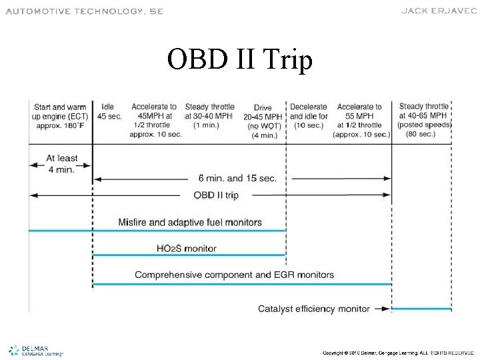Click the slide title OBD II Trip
[239, 60]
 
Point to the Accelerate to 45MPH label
[154, 121]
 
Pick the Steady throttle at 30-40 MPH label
[209, 116]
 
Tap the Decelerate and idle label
[309, 116]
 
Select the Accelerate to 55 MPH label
[359, 121]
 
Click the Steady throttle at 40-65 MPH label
[425, 120]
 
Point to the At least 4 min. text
[61, 163]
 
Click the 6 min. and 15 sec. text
[237, 179]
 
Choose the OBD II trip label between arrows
[215, 195]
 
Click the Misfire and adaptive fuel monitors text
[189, 222]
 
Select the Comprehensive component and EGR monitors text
[234, 275]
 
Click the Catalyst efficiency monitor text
[313, 309]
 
